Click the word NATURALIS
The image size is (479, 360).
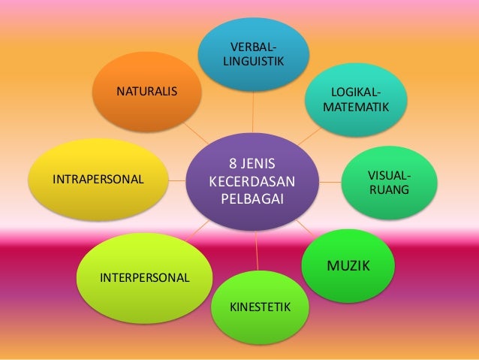click(x=146, y=92)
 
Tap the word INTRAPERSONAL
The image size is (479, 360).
click(x=98, y=180)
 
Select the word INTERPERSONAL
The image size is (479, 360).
click(x=145, y=277)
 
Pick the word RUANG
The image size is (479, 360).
click(x=390, y=190)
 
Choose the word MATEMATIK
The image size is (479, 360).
click(x=356, y=107)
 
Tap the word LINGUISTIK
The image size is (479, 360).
click(x=254, y=61)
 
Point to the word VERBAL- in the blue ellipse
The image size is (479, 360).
click(x=255, y=47)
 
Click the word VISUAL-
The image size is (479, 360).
click(x=390, y=176)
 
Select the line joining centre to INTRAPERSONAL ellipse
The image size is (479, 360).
click(x=178, y=180)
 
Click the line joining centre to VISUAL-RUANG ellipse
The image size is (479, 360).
click(x=330, y=180)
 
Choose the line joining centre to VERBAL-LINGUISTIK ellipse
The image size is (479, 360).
click(x=253, y=113)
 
